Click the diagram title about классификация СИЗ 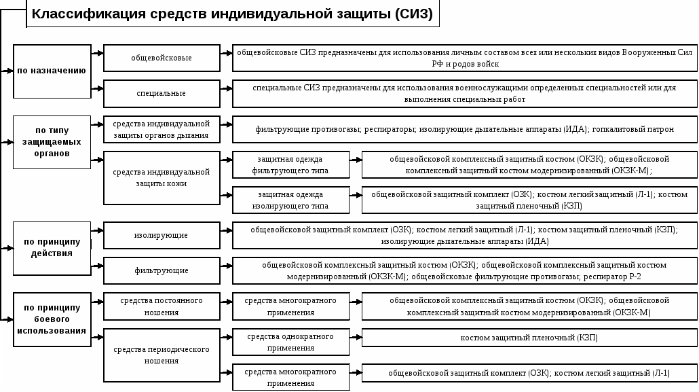(x=233, y=14)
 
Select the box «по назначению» (x=52, y=71)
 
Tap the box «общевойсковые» (x=162, y=58)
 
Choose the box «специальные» (x=162, y=93)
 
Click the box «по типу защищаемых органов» (x=52, y=142)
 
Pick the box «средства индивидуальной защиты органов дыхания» (x=162, y=130)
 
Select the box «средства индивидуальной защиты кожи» (x=162, y=178)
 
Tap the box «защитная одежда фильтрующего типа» (x=290, y=164)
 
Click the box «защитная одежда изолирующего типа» (x=290, y=200)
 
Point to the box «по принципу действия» (x=52, y=248)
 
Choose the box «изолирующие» (x=162, y=235)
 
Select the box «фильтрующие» (x=162, y=270)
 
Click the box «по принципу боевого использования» (x=52, y=319)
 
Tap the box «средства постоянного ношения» (x=162, y=306)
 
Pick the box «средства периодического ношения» (x=162, y=355)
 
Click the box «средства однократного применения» (x=290, y=342)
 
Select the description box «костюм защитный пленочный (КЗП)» (x=529, y=338)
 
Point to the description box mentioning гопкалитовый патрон (x=464, y=130)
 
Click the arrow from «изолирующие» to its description (x=226, y=231)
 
